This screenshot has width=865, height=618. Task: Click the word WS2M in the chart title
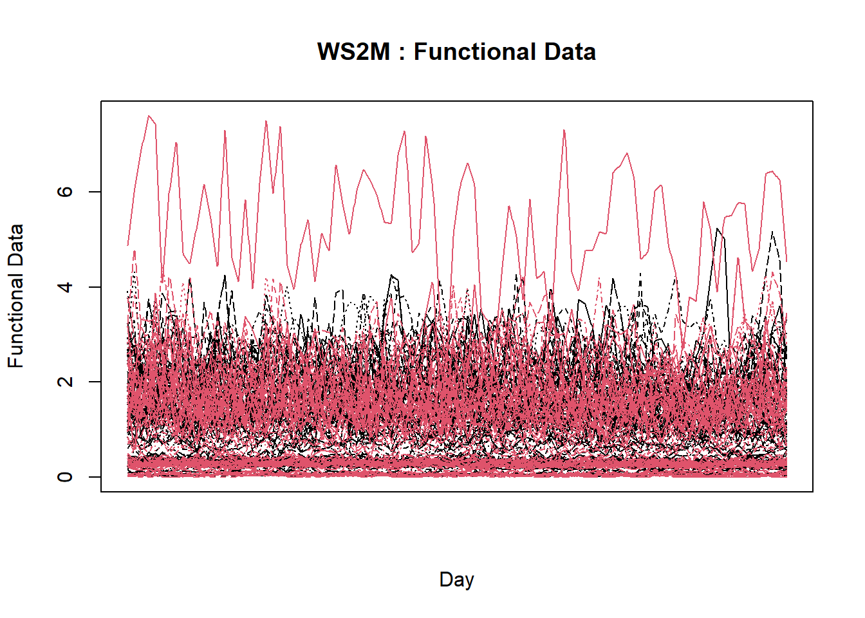click(x=353, y=51)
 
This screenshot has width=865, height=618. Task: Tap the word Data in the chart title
click(x=570, y=51)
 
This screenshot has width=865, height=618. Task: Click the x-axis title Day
click(x=456, y=579)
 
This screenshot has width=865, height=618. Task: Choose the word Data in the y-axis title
click(x=15, y=245)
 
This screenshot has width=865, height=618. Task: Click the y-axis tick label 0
click(x=65, y=476)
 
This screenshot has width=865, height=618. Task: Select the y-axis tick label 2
click(x=65, y=382)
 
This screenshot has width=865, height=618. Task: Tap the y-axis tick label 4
click(x=65, y=286)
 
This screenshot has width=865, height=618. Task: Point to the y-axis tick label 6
click(x=65, y=192)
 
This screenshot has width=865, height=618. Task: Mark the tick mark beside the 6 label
click(x=95, y=192)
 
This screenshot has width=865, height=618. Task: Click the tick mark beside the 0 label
click(x=95, y=476)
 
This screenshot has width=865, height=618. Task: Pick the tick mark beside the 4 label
click(x=95, y=286)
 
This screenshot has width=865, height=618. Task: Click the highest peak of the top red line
click(x=149, y=116)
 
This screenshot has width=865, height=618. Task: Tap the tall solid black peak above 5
click(x=717, y=229)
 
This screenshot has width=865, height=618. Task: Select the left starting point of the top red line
click(x=128, y=245)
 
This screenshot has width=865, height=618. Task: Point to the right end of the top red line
click(x=786, y=261)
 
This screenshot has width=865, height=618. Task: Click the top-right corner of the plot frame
click(x=812, y=101)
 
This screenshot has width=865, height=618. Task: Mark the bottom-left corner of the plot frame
click(x=101, y=492)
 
